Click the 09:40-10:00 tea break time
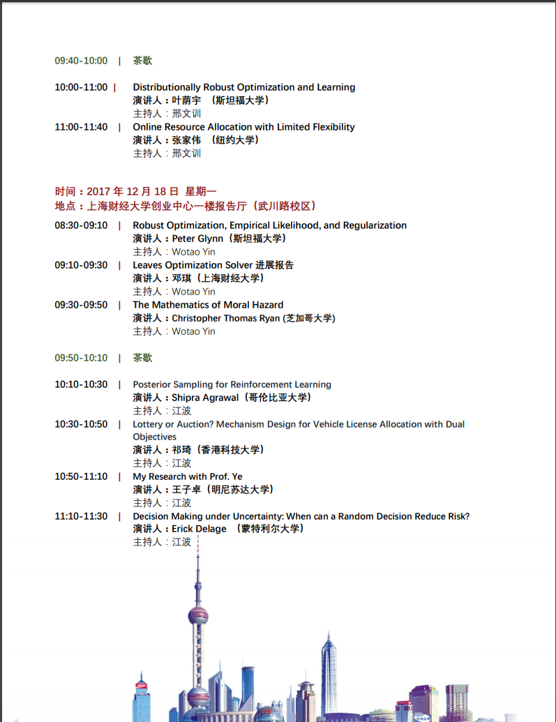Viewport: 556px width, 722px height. pyautogui.click(x=81, y=61)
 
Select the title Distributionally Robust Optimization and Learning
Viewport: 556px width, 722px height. pyautogui.click(x=243, y=87)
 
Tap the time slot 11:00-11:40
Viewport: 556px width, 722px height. pyautogui.click(x=81, y=127)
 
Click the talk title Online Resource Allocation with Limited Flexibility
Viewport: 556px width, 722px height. pyautogui.click(x=243, y=127)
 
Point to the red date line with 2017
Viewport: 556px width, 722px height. pyautogui.click(x=136, y=191)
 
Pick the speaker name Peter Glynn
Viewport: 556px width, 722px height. pyautogui.click(x=197, y=239)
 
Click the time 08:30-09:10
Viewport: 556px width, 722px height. pyautogui.click(x=81, y=225)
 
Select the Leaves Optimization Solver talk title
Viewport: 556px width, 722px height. pyautogui.click(x=213, y=265)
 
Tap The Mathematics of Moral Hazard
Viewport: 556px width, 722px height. pyautogui.click(x=208, y=305)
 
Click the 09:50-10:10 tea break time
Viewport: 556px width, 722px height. pyautogui.click(x=81, y=358)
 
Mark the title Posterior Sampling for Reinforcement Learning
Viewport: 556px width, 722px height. pyautogui.click(x=232, y=384)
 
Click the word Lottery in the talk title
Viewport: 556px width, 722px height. pyautogui.click(x=148, y=424)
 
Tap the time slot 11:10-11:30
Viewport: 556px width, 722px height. pyautogui.click(x=81, y=516)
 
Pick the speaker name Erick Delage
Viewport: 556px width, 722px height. pyautogui.click(x=199, y=529)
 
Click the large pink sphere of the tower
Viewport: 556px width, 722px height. pyautogui.click(x=197, y=616)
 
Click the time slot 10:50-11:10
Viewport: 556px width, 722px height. pyautogui.click(x=81, y=476)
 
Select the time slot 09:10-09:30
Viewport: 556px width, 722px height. pyautogui.click(x=81, y=265)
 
